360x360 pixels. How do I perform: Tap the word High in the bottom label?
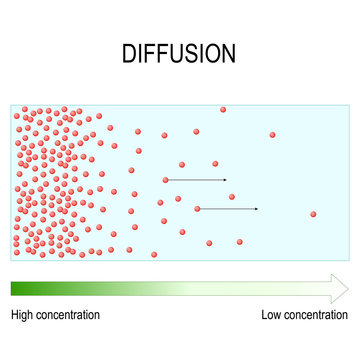coord(25,316)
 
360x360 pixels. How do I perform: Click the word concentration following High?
coord(70,316)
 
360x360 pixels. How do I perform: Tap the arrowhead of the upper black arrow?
coord(225,180)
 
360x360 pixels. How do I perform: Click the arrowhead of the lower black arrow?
coord(256,209)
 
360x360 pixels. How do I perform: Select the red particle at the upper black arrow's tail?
coord(166,180)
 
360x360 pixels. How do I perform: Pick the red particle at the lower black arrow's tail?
coord(197,209)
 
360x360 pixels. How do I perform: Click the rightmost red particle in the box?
coord(313,214)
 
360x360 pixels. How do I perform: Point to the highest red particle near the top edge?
coord(223,109)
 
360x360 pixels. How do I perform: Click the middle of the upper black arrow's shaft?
coord(196,180)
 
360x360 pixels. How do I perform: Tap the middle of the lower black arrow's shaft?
coord(227,209)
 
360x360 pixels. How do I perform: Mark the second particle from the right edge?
coord(272,134)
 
